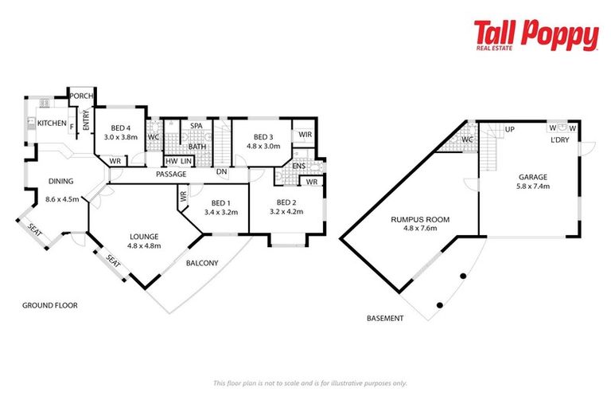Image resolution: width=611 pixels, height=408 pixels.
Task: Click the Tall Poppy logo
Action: pos(535,37)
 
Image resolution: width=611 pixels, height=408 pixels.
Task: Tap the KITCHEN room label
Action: pos(52,124)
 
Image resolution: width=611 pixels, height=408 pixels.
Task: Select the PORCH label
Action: pos(80,96)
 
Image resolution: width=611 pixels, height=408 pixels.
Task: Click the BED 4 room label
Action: pos(121,127)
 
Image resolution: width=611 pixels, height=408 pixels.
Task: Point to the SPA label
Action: pos(196,127)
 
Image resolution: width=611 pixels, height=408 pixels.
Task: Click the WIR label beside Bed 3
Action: pos(305,135)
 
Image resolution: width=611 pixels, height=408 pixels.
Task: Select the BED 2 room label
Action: pos(286,202)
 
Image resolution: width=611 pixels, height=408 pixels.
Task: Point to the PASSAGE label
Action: pos(171,175)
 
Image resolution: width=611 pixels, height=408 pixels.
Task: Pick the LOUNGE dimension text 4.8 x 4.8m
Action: pos(144,246)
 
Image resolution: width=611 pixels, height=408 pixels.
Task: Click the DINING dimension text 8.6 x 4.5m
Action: pos(62,199)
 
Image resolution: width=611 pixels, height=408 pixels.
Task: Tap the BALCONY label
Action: pos(201,264)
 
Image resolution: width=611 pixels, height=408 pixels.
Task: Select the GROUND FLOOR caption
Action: pos(49,305)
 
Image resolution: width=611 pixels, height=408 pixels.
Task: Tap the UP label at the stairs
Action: pos(509,128)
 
